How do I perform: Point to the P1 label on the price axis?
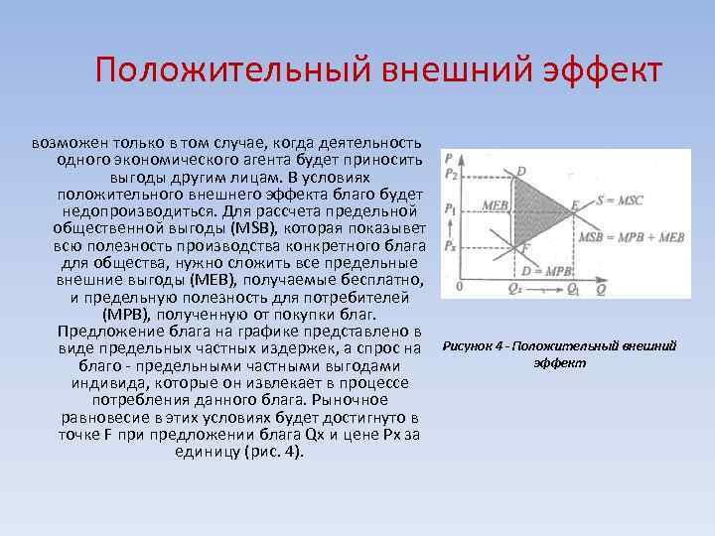click(452, 209)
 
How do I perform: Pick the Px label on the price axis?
click(452, 243)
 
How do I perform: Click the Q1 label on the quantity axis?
click(573, 289)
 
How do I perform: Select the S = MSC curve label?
click(620, 201)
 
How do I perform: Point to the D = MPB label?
click(547, 269)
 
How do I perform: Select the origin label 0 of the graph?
click(460, 286)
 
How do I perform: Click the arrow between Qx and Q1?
click(544, 290)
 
